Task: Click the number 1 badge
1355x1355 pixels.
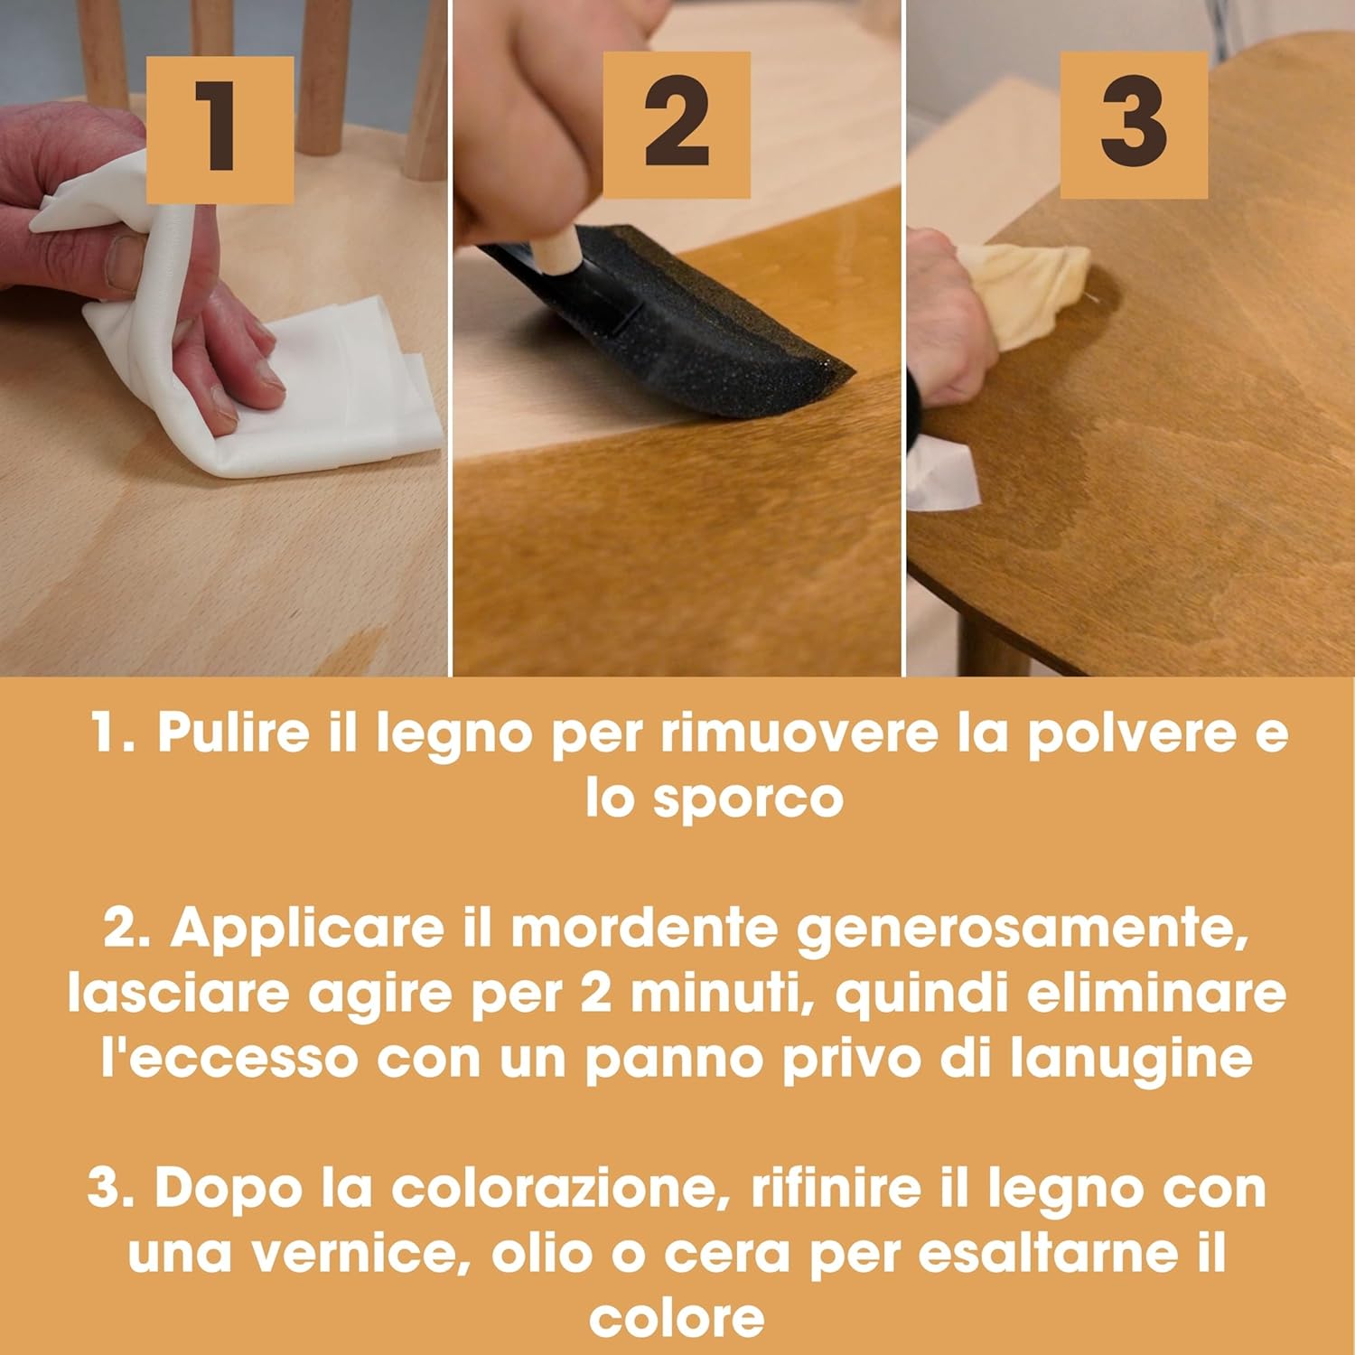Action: [220, 129]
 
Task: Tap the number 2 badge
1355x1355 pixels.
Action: [677, 125]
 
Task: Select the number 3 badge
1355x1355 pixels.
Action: [1134, 125]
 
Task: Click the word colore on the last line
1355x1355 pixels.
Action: [677, 1320]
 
